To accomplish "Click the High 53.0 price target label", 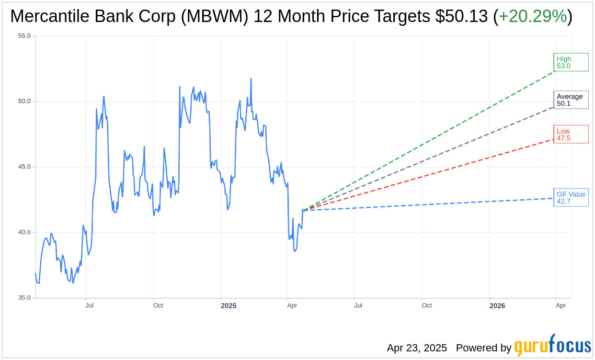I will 571,62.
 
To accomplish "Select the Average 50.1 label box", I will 571,100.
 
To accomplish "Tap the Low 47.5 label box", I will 571,135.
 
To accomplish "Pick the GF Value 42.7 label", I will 571,197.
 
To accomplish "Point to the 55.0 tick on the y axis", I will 24,36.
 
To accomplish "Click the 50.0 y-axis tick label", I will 24,101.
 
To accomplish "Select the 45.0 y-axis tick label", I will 24,167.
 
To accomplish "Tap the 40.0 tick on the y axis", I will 24,232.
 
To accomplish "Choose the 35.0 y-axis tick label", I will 24,298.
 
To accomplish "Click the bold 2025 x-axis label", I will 229,305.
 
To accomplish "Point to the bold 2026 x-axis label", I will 497,305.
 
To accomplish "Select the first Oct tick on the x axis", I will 158,305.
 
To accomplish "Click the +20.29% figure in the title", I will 533,17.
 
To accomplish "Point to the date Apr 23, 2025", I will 417,348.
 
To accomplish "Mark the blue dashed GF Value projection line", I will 431,204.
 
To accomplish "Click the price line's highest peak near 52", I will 251,79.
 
